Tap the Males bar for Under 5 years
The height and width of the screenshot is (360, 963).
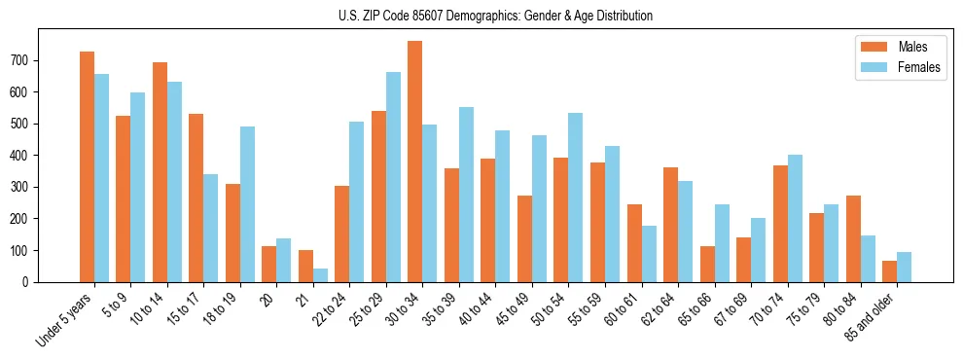pyautogui.click(x=87, y=166)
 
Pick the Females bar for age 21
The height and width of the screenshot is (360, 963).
pyautogui.click(x=320, y=275)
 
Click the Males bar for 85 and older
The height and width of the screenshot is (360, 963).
pyautogui.click(x=890, y=271)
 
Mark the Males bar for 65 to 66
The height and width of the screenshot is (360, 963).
pyautogui.click(x=707, y=264)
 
